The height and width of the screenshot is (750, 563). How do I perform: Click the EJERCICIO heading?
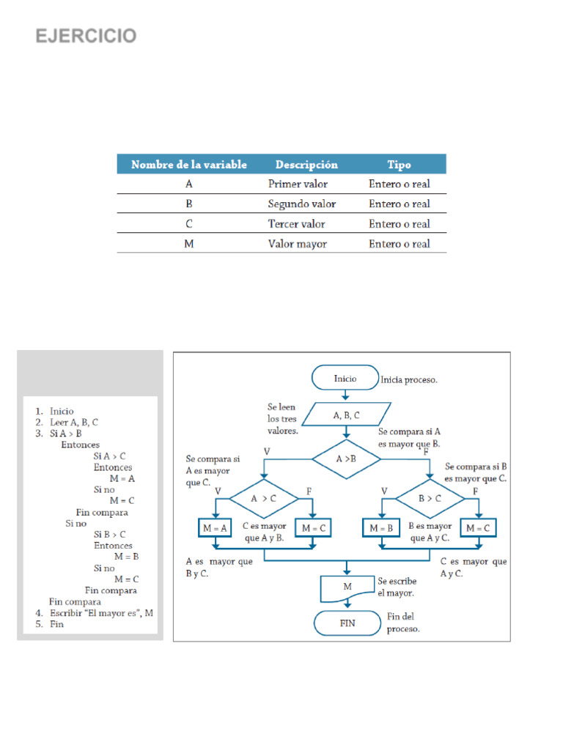[87, 36]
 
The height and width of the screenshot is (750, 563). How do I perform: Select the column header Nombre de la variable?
[189, 165]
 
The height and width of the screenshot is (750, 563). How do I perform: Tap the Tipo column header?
[399, 165]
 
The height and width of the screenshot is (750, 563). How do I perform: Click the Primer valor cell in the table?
[298, 185]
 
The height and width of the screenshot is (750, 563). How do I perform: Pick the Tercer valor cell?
[296, 224]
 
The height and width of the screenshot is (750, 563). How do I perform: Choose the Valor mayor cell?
[297, 244]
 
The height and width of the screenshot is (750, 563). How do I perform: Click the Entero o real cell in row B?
[399, 204]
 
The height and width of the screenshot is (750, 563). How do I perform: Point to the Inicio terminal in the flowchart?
[345, 379]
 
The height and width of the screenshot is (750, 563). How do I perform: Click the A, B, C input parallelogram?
[346, 415]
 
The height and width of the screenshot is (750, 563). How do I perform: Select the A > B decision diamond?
[346, 459]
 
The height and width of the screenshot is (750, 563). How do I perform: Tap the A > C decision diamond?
[264, 499]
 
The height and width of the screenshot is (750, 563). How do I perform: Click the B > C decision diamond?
[430, 499]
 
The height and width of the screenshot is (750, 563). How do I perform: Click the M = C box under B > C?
[479, 528]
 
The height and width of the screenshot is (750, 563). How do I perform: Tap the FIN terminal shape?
[347, 623]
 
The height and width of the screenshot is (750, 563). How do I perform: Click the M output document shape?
[347, 587]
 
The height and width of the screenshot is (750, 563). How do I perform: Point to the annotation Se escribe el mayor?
[396, 587]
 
